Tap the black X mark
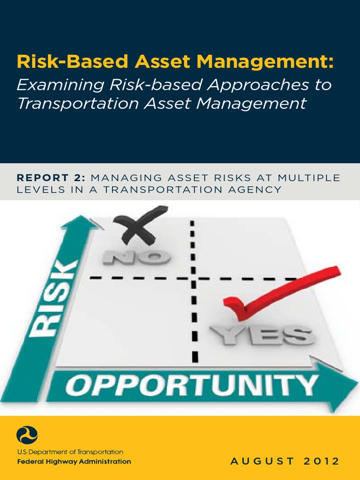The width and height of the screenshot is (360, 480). pyautogui.click(x=139, y=225)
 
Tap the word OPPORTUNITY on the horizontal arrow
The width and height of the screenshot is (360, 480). pyautogui.click(x=191, y=387)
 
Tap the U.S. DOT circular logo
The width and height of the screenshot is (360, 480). pyautogui.click(x=27, y=435)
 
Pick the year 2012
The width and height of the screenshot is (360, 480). pyautogui.click(x=321, y=462)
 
